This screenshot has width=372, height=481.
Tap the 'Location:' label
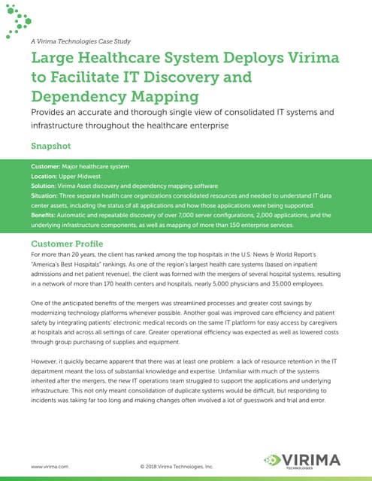pos(47,175)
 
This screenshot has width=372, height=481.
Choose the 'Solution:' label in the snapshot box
pos(47,185)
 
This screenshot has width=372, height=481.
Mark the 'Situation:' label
pos(48,195)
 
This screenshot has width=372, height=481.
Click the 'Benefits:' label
pos(47,214)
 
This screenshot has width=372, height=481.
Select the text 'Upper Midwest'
pos(86,175)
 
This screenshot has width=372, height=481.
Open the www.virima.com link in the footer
pos(50,467)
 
